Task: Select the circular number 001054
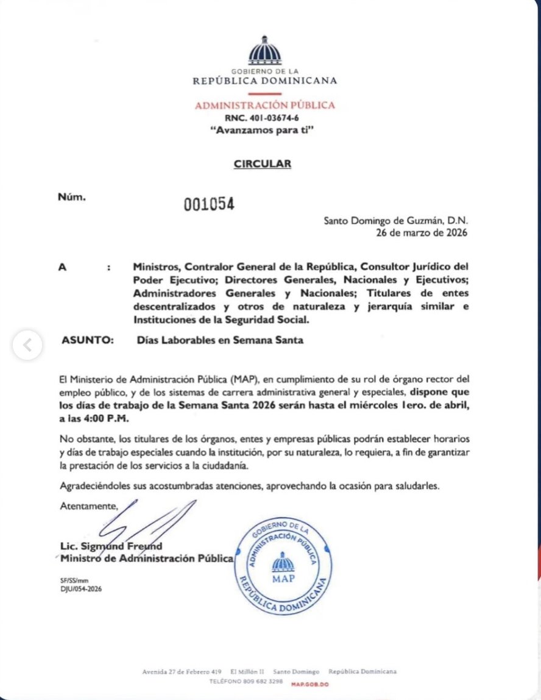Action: pyautogui.click(x=209, y=204)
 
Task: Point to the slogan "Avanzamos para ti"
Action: pyautogui.click(x=264, y=130)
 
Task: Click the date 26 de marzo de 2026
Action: pyautogui.click(x=423, y=233)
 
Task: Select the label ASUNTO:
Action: pyautogui.click(x=88, y=341)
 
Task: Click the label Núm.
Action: pyautogui.click(x=72, y=197)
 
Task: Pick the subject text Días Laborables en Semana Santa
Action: pyautogui.click(x=221, y=341)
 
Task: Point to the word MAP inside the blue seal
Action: pyautogui.click(x=283, y=578)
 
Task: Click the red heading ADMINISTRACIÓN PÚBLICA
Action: pyautogui.click(x=264, y=105)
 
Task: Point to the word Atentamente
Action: pyautogui.click(x=88, y=505)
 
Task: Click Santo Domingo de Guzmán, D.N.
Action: pyautogui.click(x=396, y=221)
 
